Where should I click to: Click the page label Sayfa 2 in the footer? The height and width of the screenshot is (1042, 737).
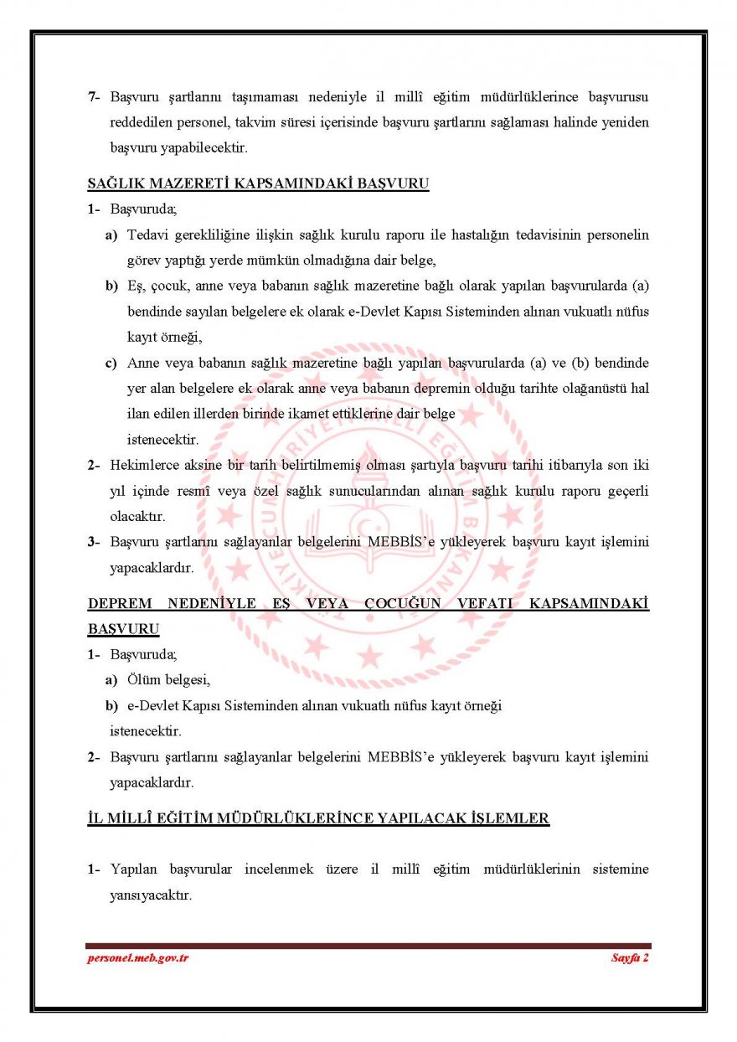tap(630, 957)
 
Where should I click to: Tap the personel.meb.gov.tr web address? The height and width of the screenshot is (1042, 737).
tap(137, 957)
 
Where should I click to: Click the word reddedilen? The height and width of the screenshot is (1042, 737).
tap(140, 121)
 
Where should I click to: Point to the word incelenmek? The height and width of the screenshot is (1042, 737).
tap(279, 869)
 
